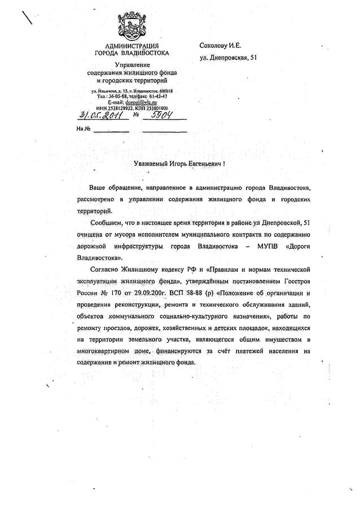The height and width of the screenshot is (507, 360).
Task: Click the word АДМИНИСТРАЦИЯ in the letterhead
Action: tap(131, 46)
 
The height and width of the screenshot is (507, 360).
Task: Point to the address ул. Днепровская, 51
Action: tap(229, 58)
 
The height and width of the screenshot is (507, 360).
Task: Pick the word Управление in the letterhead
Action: tap(132, 66)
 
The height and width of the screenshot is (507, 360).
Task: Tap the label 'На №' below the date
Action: tap(82, 129)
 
